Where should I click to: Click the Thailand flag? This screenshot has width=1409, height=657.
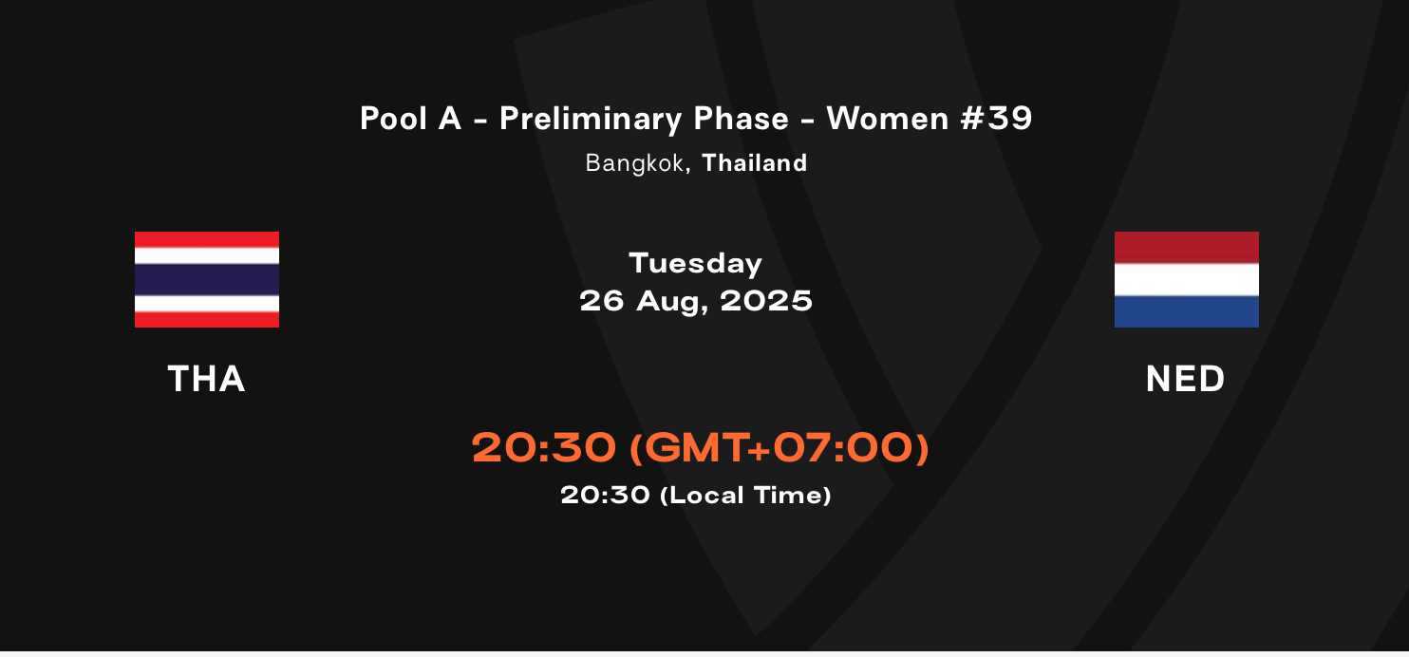pos(207,279)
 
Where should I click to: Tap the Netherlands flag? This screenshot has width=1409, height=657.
pos(1186,279)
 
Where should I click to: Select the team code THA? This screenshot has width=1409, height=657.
pos(206,379)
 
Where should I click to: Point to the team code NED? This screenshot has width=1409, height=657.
pos(1186,379)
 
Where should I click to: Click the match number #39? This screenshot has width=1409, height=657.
pos(996,118)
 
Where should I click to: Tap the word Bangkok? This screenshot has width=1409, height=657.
pos(634,163)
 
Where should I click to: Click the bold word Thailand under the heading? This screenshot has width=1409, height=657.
pos(754,163)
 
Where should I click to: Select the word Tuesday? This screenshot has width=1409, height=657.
pos(696,263)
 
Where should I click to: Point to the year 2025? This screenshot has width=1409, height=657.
pos(766,301)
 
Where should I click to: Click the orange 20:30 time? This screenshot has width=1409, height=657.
pos(543,447)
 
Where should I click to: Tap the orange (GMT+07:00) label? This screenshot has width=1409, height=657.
pos(780,447)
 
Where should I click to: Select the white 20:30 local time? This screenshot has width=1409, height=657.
pos(605,495)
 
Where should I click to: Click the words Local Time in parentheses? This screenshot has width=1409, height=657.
pos(746,495)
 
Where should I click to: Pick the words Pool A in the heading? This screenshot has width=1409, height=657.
pos(411,118)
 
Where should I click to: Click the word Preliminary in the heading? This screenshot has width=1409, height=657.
pos(591,119)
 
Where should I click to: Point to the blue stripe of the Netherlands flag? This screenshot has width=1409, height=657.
pos(1186,311)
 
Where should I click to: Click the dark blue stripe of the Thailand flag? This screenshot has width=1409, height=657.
pos(207,280)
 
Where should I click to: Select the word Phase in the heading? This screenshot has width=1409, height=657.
pos(741,118)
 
